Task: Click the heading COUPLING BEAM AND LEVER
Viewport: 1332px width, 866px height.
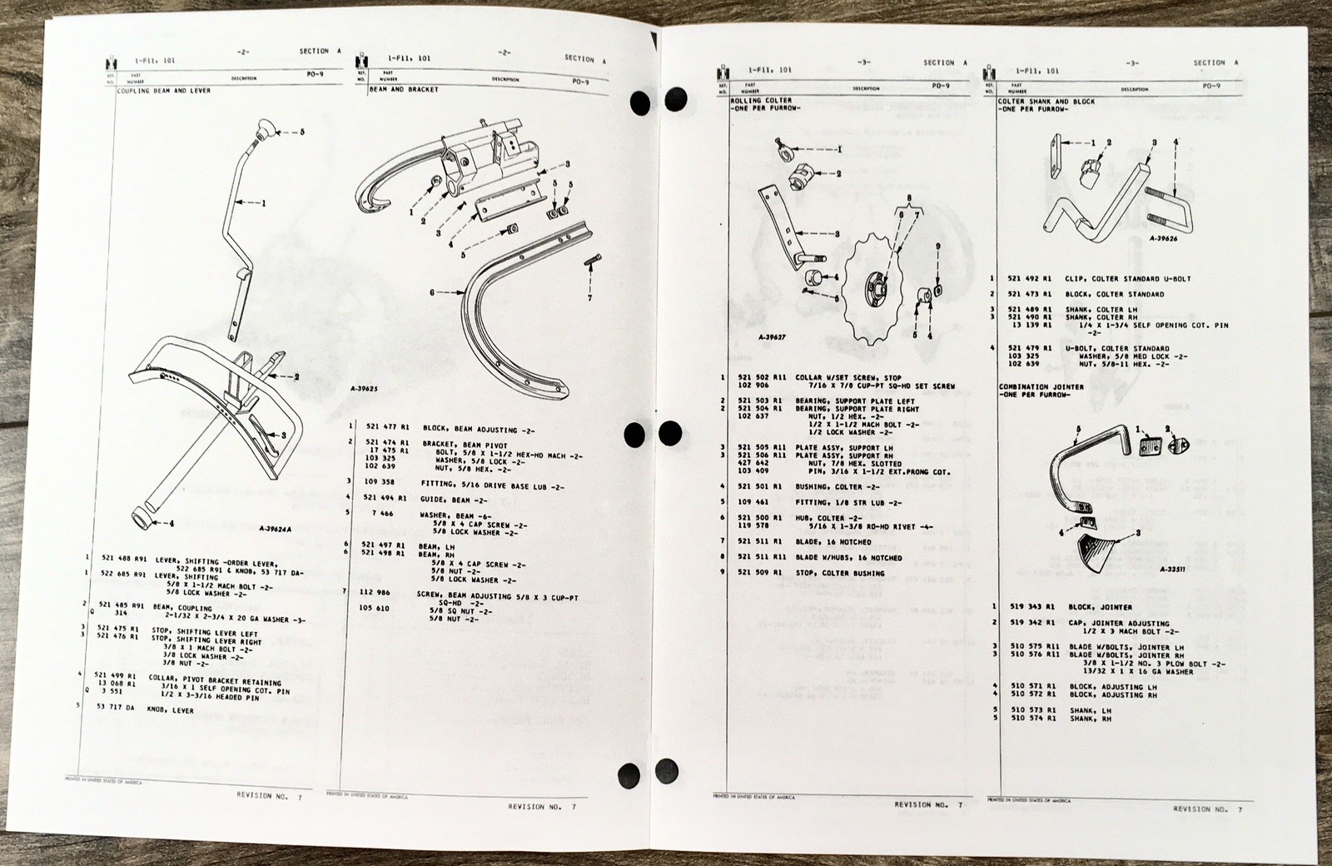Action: pos(163,90)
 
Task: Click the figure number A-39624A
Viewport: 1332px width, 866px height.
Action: pos(279,528)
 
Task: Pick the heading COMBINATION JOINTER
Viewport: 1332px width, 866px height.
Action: pos(1041,386)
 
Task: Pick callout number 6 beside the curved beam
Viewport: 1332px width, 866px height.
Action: pos(433,293)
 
